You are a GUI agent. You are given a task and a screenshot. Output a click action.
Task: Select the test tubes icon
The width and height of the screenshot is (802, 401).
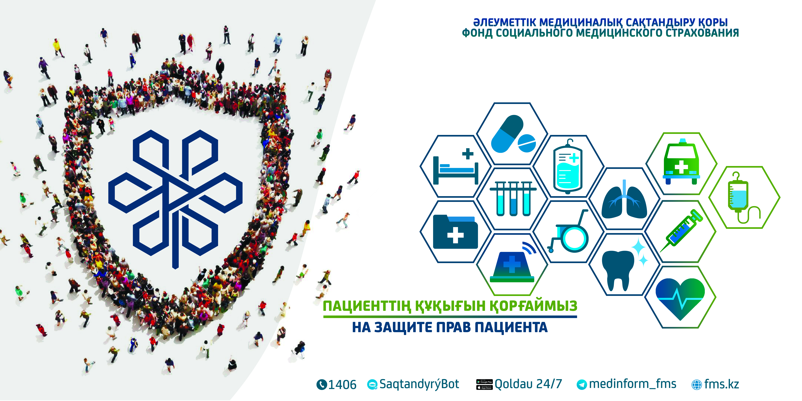coord(513,199)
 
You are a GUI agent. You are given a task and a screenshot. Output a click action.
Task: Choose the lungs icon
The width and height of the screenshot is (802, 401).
coord(624,199)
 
